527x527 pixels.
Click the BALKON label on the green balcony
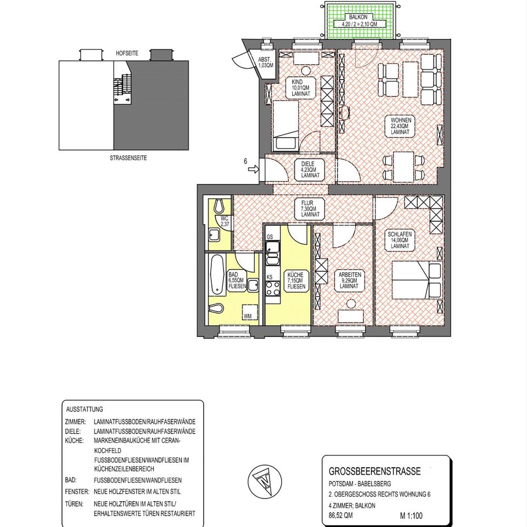[x=358, y=17]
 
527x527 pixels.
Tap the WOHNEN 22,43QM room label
[x=401, y=126]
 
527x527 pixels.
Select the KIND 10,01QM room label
[x=300, y=88]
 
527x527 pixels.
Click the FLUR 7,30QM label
[x=310, y=209]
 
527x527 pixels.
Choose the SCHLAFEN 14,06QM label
[x=400, y=240]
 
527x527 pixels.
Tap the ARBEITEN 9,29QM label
[x=350, y=281]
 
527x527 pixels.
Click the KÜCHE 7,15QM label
[x=296, y=281]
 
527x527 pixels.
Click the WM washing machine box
[x=250, y=312]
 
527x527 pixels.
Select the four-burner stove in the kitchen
[x=273, y=289]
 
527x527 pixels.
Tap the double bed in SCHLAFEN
[x=417, y=281]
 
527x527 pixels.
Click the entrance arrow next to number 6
[x=254, y=170]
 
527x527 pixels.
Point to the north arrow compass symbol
[x=265, y=481]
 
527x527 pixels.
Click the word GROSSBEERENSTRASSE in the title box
[x=374, y=471]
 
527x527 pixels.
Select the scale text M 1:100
[x=411, y=515]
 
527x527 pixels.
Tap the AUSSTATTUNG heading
[x=85, y=410]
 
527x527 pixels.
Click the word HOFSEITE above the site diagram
[x=127, y=53]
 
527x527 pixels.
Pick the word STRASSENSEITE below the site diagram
[x=128, y=158]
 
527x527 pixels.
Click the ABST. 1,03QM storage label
[x=266, y=63]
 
